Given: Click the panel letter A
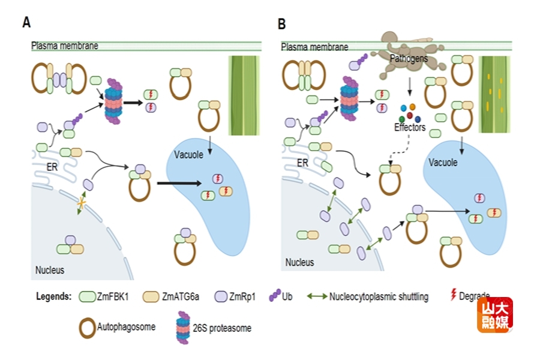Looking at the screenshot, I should coord(26,23).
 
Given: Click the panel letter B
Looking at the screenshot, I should coord(282,23).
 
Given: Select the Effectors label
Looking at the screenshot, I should coord(410,127).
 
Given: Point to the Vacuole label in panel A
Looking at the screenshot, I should coord(190,155).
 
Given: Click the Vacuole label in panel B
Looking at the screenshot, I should coord(443,163).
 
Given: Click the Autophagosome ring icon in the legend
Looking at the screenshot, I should coord(87,328).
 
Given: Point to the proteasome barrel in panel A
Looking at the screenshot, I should coord(113,101).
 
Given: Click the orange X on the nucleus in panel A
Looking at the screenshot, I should coord(80,205).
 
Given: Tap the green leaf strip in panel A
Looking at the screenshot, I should coord(244,96).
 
